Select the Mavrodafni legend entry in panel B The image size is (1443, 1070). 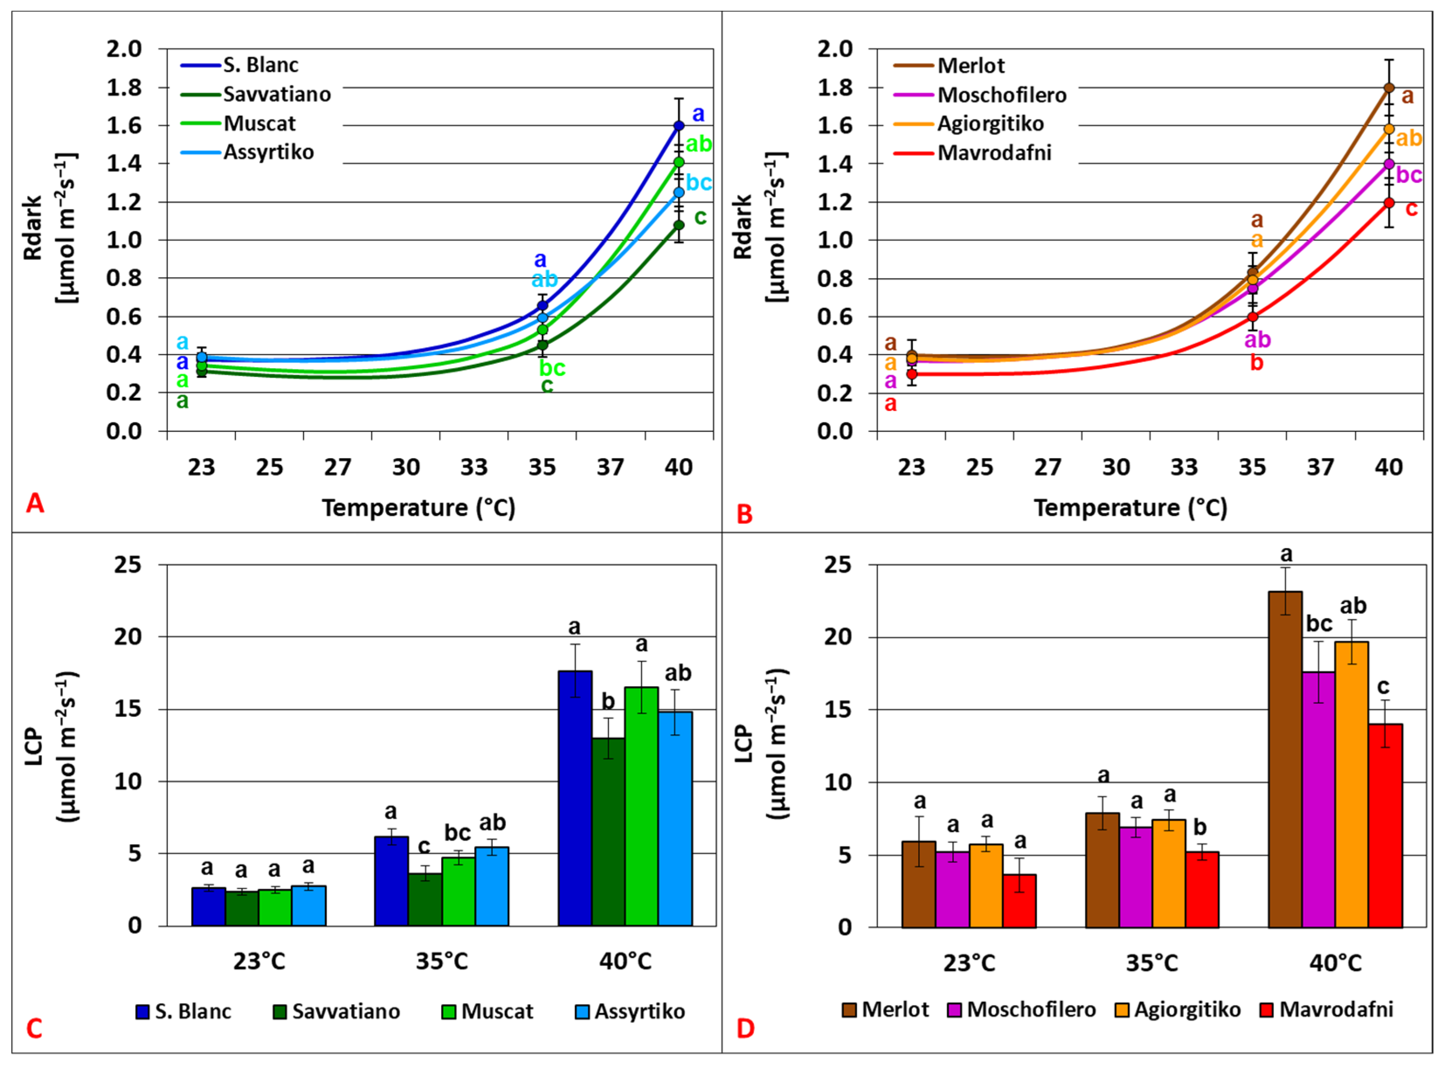(x=994, y=153)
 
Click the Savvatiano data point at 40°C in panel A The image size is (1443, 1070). (x=678, y=225)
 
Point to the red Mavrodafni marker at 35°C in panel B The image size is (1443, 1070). (x=1252, y=317)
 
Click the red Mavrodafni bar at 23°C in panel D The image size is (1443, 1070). (x=1019, y=900)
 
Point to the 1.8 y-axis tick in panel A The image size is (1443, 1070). (x=124, y=87)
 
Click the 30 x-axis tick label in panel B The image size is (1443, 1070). (x=1115, y=467)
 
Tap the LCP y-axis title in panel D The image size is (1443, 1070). (x=744, y=745)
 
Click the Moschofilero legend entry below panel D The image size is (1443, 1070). (x=1030, y=1010)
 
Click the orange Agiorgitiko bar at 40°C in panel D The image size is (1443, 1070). (x=1352, y=784)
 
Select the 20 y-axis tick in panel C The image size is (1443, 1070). (x=127, y=637)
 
